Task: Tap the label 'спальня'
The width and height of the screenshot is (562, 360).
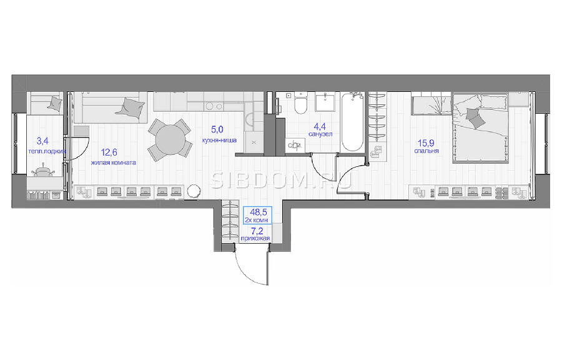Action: click(x=426, y=151)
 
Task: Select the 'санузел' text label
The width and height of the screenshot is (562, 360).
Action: click(x=320, y=134)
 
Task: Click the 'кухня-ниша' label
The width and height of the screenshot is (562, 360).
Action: click(x=219, y=140)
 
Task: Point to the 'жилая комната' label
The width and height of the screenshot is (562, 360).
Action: click(x=113, y=162)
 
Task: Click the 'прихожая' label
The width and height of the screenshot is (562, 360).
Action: click(x=255, y=239)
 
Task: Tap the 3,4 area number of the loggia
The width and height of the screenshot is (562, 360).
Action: click(x=42, y=141)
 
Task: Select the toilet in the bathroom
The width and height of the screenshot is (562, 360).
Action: click(x=300, y=103)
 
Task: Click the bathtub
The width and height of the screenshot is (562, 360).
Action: click(x=352, y=121)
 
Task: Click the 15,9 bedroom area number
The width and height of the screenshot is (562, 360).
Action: click(x=426, y=143)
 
